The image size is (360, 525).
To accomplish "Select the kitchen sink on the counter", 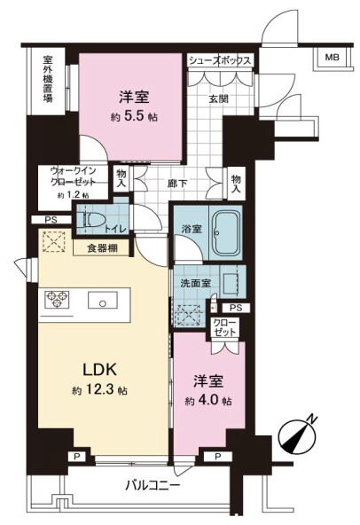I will [x=105, y=301].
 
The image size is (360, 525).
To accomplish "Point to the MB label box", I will [x=331, y=59].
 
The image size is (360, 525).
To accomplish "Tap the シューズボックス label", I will [x=220, y=60].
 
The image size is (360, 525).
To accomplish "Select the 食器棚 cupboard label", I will [x=103, y=247].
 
